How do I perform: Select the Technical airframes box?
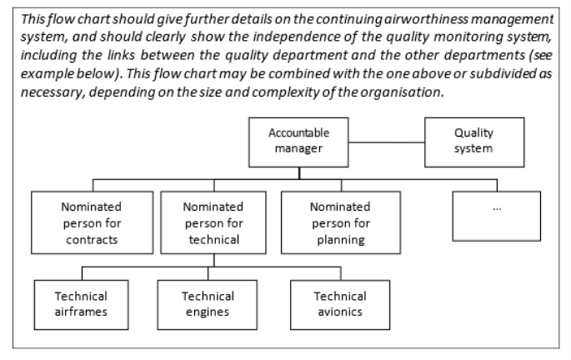(x=81, y=303)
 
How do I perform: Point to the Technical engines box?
(x=208, y=303)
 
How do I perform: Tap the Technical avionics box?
(x=340, y=303)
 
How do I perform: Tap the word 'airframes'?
(x=81, y=312)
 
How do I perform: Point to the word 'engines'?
(x=208, y=312)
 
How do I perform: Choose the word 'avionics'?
(x=340, y=312)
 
